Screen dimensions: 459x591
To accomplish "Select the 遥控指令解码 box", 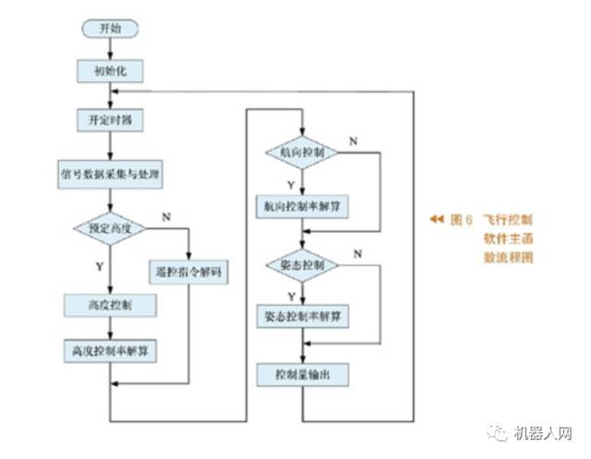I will (x=189, y=272).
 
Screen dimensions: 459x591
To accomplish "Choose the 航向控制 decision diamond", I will (x=301, y=151).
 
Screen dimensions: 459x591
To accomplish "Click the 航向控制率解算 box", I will (x=302, y=204).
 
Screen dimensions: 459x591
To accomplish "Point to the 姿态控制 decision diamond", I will (x=301, y=265).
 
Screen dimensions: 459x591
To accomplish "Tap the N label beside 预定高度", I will (x=166, y=217).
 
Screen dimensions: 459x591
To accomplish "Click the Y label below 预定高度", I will (x=99, y=266).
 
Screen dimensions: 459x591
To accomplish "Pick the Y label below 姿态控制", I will (x=291, y=296).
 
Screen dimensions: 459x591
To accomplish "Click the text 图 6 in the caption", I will (x=461, y=221).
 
